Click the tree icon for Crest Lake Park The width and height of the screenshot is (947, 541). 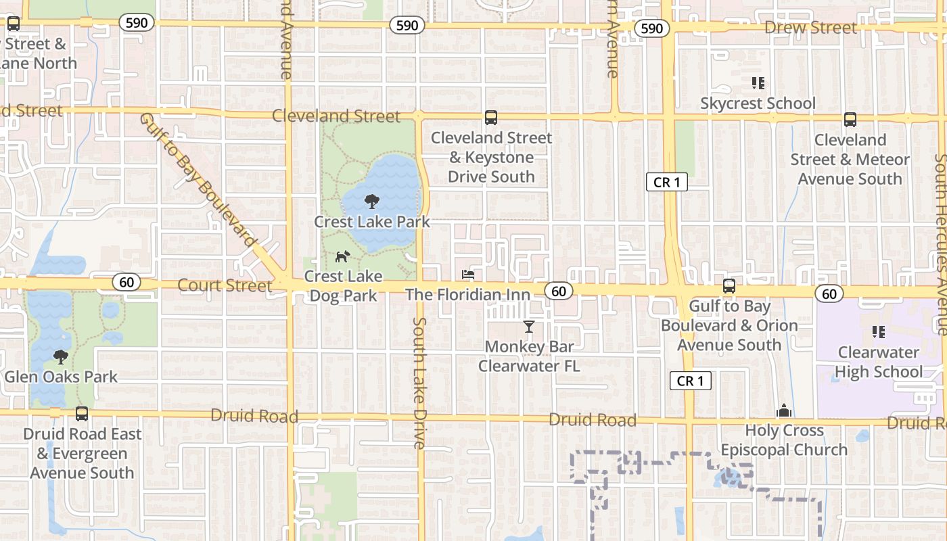point(371,201)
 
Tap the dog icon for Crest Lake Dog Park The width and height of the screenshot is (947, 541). point(343,257)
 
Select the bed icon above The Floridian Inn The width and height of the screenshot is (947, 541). point(468,275)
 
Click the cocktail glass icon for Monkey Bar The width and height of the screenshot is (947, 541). point(529,327)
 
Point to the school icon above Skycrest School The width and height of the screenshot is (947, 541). point(758,83)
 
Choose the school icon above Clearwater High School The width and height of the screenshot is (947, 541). point(879,332)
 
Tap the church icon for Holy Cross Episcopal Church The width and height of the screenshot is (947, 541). point(784,410)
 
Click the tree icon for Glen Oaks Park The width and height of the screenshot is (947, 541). point(62,356)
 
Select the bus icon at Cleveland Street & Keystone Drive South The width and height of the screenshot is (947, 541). point(491,118)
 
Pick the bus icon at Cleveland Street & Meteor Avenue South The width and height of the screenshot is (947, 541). point(850,120)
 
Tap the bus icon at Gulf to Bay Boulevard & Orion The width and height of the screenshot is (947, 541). point(729,286)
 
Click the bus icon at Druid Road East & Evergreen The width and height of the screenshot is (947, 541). point(82,414)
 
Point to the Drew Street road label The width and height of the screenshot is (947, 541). point(810,28)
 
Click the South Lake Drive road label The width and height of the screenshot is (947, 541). point(419,383)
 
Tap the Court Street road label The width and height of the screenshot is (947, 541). point(225,285)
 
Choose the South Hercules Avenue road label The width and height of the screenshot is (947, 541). point(941,243)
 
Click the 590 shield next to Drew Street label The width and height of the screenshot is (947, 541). point(652,28)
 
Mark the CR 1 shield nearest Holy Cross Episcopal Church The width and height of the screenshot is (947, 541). point(691,381)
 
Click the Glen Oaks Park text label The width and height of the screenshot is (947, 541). point(62,377)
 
